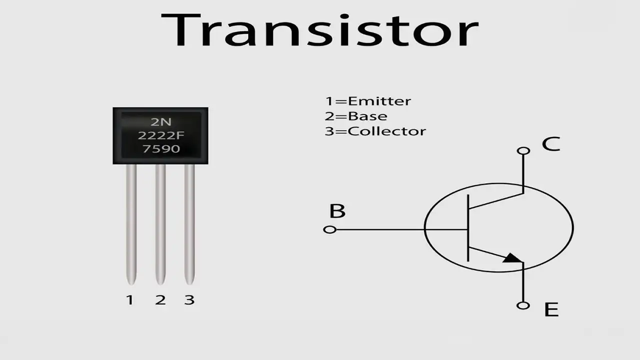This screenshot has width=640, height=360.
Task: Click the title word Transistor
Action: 319,30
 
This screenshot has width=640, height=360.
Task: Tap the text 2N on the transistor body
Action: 161,122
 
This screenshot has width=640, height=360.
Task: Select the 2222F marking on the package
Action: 160,135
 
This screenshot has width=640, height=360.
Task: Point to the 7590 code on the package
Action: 161,148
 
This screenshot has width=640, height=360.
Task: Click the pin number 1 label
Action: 130,300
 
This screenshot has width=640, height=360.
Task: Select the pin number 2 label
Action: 160,300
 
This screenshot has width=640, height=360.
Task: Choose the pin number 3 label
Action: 189,300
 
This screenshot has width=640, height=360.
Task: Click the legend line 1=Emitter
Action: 368,101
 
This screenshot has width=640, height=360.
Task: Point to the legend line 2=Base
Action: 356,116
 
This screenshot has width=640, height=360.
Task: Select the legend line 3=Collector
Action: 375,131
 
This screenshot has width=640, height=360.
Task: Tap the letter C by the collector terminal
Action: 551,144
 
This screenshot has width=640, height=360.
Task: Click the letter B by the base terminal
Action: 337,211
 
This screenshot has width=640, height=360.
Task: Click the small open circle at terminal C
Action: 523,150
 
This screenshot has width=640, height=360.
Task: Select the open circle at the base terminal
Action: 329,229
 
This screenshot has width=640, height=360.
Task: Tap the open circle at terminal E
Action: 523,305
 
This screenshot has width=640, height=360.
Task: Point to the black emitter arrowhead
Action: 512,258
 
